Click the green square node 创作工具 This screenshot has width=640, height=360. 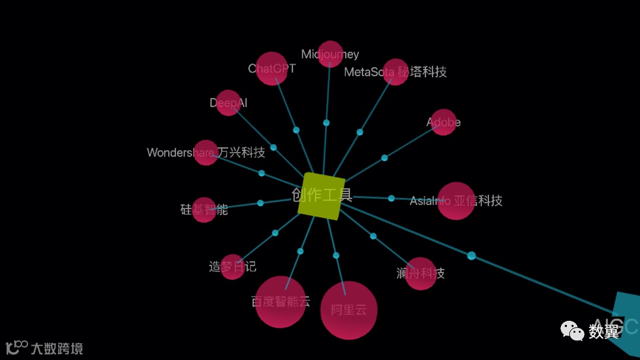click(321, 196)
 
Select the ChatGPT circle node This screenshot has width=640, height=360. click(272, 69)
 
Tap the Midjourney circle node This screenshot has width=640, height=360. click(330, 54)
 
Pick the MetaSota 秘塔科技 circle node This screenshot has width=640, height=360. click(395, 72)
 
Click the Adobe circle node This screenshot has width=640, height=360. click(443, 122)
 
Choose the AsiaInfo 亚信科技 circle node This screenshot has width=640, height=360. click(456, 201)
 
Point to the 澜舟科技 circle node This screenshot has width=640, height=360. click(421, 273)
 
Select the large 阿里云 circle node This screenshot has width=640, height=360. click(349, 310)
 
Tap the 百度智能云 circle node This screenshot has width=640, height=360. click(280, 302)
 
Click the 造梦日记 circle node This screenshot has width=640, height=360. click(232, 267)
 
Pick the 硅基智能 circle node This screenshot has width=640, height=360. click(204, 210)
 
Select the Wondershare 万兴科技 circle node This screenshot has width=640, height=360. click(206, 153)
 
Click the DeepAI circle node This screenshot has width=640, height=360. click(228, 103)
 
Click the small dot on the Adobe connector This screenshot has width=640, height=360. click(384, 158)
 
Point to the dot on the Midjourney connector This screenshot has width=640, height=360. click(326, 123)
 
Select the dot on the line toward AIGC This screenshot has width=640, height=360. click(471, 255)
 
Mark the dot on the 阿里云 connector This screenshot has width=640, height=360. click(336, 255)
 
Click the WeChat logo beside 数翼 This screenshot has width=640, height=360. click(572, 330)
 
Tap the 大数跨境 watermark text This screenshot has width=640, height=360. click(56, 348)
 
